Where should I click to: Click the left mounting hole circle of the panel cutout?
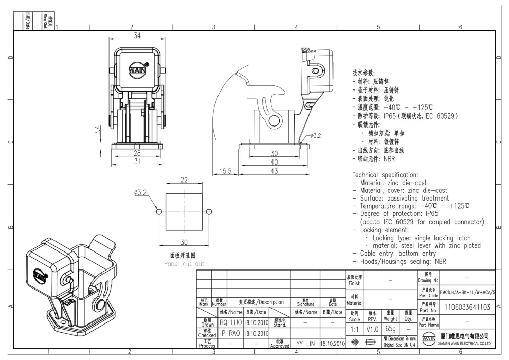159,212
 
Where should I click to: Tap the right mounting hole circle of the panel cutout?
208,212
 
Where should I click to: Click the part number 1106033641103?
467,307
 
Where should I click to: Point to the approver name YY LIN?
306,342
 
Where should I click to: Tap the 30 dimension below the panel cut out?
184,242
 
